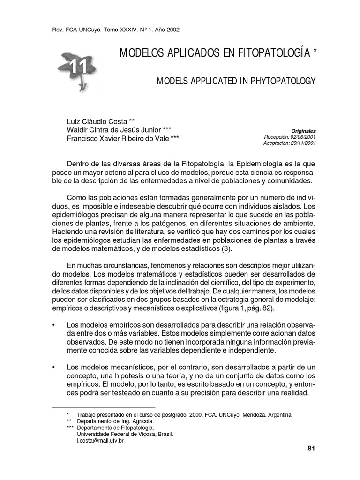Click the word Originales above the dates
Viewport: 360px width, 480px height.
pyautogui.click(x=304, y=131)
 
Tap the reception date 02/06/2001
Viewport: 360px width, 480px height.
pyautogui.click(x=302, y=137)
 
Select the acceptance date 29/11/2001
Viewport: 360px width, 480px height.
pyautogui.click(x=302, y=143)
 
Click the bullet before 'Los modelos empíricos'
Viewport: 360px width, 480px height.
pyautogui.click(x=54, y=325)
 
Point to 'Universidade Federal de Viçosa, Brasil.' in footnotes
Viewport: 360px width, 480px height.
pyautogui.click(x=125, y=434)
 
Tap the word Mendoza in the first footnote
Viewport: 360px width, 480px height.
pyautogui.click(x=250, y=415)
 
